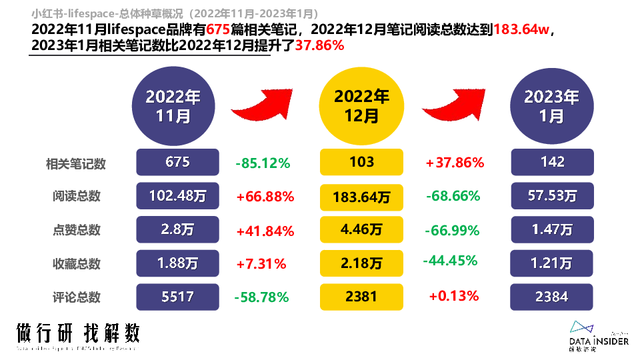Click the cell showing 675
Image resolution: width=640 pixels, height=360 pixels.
tap(177, 163)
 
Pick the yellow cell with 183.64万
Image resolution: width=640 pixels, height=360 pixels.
tap(361, 197)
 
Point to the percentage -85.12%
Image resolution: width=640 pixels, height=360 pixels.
tap(263, 163)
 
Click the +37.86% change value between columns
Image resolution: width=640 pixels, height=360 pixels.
tap(454, 163)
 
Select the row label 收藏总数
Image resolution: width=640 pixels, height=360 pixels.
tap(76, 264)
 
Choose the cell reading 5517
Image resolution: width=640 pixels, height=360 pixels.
tap(177, 296)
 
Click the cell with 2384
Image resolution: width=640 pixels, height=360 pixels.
tap(551, 296)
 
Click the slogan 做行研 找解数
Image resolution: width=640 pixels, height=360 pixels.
tap(78, 332)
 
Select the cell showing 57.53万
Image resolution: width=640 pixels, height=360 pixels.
tap(551, 197)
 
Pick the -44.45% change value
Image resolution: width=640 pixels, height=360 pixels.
tap(450, 260)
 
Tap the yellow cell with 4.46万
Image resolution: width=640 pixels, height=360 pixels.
tap(361, 230)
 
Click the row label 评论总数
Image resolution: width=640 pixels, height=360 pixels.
tap(76, 297)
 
